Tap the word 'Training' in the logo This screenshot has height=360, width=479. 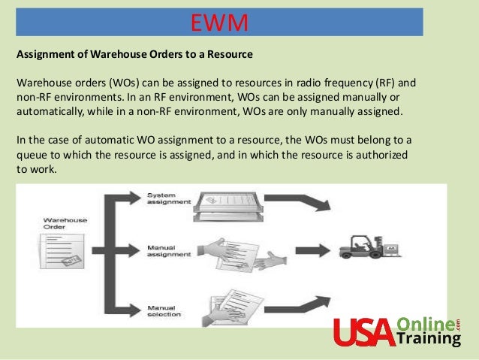pyautogui.click(x=429, y=339)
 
